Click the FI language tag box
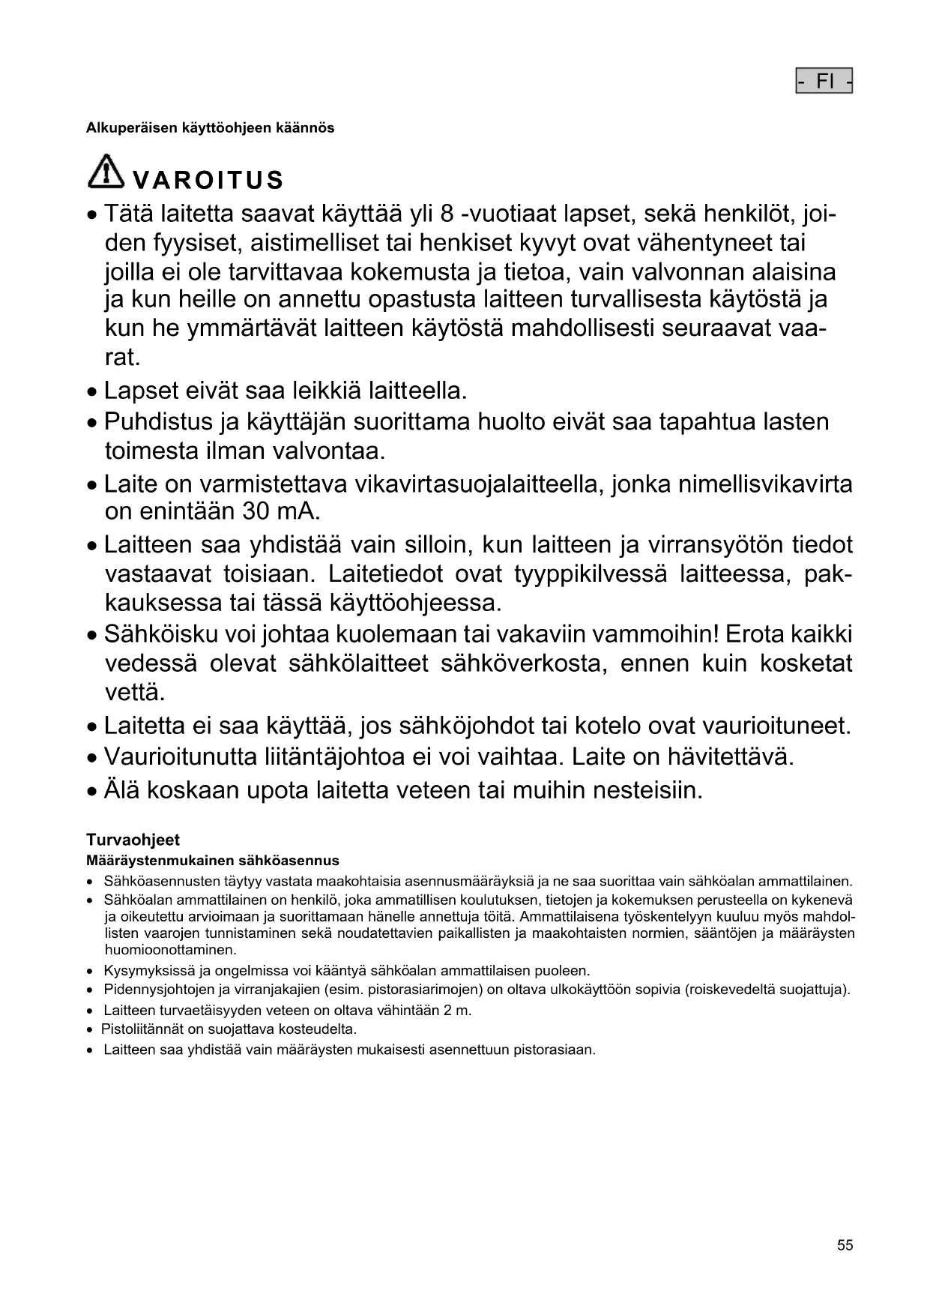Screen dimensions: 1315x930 pyautogui.click(x=824, y=81)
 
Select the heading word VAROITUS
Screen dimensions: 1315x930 pyautogui.click(x=208, y=181)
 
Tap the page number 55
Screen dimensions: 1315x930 pyautogui.click(x=845, y=1245)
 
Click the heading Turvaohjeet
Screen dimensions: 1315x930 pyautogui.click(x=133, y=840)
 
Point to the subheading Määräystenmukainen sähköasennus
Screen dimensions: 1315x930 pyautogui.click(x=213, y=861)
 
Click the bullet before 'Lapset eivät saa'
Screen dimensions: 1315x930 pyautogui.click(x=91, y=392)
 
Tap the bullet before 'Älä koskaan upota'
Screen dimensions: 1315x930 pyautogui.click(x=91, y=792)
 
